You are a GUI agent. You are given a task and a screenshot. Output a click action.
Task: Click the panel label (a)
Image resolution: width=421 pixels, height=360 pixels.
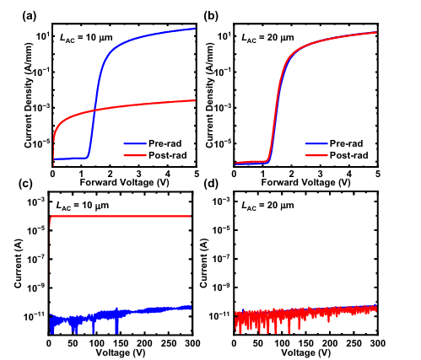[x=30, y=17]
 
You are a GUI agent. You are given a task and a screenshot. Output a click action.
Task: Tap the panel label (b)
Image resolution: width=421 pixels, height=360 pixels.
[x=211, y=17]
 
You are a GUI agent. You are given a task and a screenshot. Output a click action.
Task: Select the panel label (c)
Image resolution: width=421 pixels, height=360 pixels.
[x=25, y=184]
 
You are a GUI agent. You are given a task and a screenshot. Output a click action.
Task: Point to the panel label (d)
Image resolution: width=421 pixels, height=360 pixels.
[x=211, y=184]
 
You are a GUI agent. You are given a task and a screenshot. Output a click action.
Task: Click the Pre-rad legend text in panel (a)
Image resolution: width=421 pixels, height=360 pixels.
[x=165, y=143]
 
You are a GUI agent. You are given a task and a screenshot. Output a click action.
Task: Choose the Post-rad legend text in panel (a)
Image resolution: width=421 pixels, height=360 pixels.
[x=168, y=155]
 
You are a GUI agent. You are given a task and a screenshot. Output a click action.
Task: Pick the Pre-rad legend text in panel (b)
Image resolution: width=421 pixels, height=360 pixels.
[x=346, y=143]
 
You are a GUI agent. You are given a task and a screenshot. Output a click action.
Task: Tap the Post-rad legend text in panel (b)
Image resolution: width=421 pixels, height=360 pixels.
[x=348, y=155]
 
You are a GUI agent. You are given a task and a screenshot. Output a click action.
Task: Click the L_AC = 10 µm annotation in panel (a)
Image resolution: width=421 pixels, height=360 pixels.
[x=86, y=38]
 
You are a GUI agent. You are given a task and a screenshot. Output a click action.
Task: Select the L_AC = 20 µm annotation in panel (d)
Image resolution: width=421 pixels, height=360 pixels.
[x=267, y=206]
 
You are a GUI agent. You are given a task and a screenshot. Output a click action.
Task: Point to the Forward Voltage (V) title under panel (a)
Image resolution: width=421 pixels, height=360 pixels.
[x=125, y=182]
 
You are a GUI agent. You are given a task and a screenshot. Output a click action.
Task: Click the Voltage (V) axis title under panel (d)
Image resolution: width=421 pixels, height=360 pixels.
[x=306, y=352]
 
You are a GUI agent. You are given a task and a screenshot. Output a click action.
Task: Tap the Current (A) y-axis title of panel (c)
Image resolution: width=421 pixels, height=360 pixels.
[x=18, y=263]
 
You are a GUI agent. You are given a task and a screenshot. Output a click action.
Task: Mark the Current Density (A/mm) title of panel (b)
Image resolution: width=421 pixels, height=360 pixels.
[x=210, y=95]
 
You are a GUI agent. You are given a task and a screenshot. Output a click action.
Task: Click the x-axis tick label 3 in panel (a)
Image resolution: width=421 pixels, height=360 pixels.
[x=138, y=174]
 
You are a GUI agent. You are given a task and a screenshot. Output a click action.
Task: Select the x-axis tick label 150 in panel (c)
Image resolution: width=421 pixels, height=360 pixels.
[x=121, y=343]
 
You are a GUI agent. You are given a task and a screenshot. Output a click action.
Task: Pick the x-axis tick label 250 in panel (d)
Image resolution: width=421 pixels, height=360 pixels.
[x=354, y=343]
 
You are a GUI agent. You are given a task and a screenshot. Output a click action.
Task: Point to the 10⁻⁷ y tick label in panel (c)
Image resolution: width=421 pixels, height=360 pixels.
[x=36, y=259]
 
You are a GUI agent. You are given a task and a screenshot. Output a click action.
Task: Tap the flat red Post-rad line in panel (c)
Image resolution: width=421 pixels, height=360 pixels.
[x=121, y=216]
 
